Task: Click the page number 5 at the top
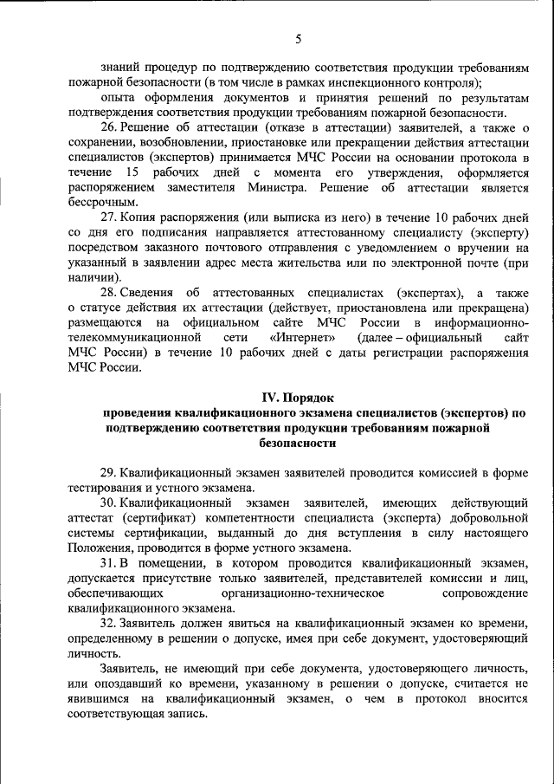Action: point(298,39)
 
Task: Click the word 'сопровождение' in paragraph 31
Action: point(485,593)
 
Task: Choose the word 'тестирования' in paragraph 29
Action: point(107,488)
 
